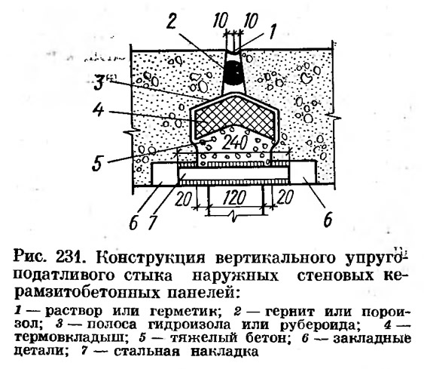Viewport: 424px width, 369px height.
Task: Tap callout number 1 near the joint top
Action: [x=272, y=31]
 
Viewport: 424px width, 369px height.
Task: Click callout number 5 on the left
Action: [x=97, y=163]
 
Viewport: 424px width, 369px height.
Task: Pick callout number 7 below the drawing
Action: [x=151, y=222]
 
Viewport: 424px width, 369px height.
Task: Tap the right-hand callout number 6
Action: [x=328, y=220]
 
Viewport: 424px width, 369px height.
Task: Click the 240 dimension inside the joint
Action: [x=234, y=143]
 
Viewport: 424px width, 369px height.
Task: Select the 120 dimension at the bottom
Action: [x=234, y=198]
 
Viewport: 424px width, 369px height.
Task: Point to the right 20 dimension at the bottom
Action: [x=284, y=197]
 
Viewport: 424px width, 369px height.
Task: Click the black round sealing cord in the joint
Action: [x=233, y=72]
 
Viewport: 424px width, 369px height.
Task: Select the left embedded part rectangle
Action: [x=165, y=174]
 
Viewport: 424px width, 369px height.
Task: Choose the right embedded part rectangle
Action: [x=303, y=172]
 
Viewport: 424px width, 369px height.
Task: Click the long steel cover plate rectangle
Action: [x=234, y=174]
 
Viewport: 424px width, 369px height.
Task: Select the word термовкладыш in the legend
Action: [x=69, y=338]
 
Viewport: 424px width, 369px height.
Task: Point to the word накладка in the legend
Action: [x=224, y=352]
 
